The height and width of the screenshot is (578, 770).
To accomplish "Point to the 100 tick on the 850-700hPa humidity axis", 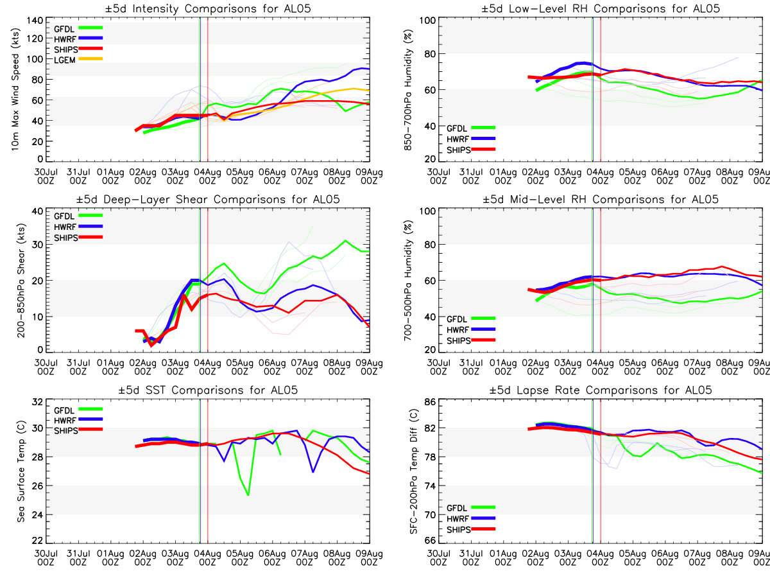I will coord(426,21).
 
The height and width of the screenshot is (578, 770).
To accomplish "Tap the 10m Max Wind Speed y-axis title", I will coord(14,90).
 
